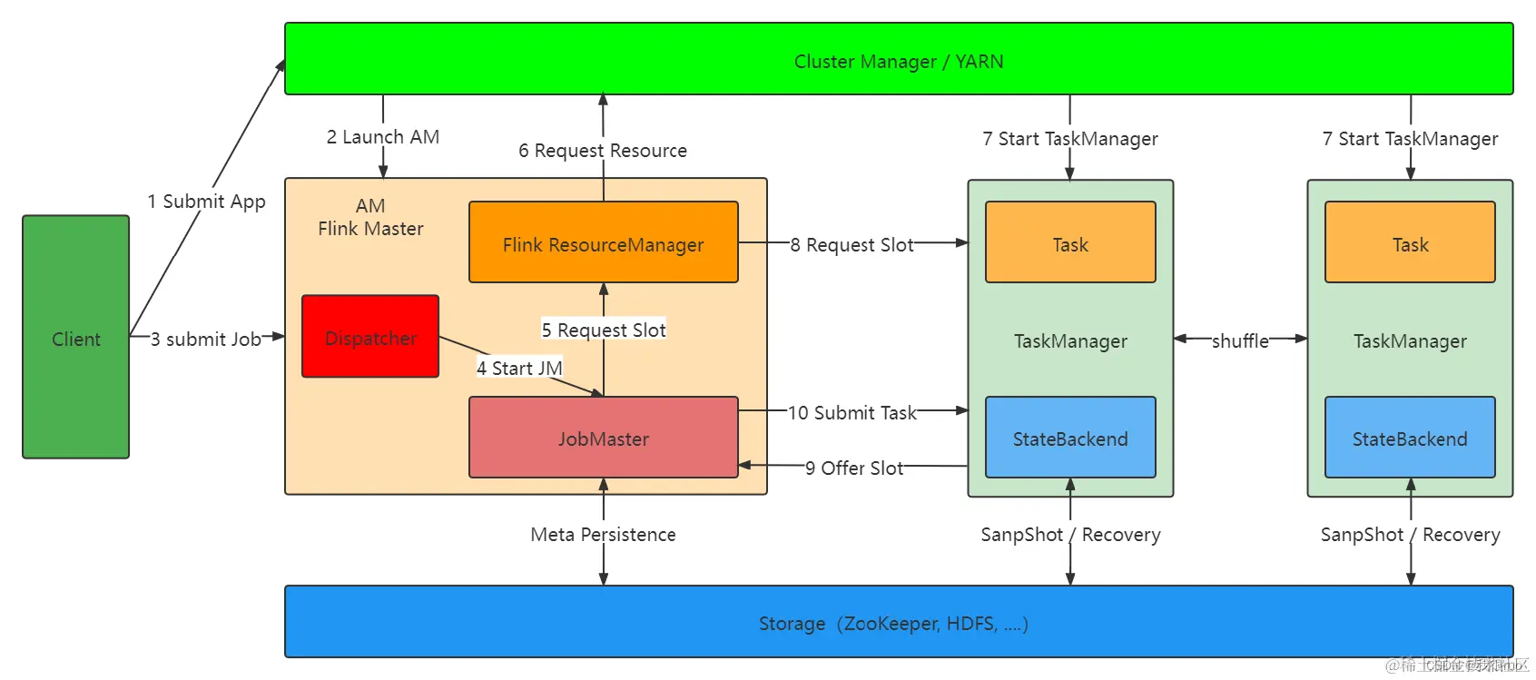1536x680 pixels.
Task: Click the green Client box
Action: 75,337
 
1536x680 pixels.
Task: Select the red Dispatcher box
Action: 370,337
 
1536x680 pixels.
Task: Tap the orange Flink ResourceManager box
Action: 603,242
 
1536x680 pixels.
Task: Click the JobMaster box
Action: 603,438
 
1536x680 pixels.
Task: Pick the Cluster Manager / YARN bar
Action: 898,59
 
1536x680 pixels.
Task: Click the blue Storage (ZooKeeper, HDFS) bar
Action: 898,622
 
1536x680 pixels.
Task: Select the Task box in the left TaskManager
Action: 1069,242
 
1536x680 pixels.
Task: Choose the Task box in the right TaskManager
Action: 1409,242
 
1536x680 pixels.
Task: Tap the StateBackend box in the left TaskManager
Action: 1069,438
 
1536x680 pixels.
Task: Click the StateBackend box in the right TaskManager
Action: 1409,438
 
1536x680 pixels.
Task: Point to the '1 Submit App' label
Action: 207,201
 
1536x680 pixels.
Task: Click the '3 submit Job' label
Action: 206,339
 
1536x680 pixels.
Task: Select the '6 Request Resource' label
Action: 603,150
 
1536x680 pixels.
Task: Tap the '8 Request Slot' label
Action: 852,244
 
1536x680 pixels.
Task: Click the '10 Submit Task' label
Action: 852,412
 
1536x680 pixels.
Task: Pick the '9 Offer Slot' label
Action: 853,468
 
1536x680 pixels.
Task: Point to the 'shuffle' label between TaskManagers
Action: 1240,340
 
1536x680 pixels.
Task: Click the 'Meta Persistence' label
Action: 603,534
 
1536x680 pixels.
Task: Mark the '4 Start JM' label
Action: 519,368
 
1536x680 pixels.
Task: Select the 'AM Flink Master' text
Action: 370,217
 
